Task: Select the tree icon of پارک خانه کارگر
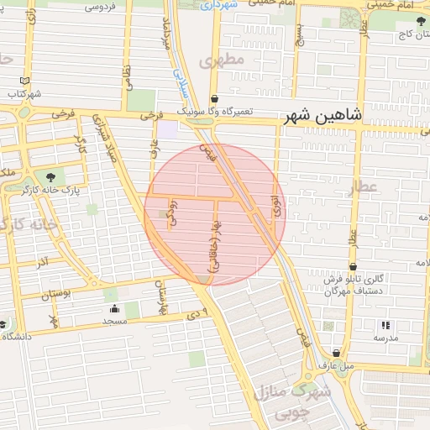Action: (x=52, y=176)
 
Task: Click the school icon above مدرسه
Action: (x=385, y=324)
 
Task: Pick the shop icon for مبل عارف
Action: (x=337, y=354)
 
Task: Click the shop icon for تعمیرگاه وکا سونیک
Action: (x=214, y=97)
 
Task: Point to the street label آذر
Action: (x=42, y=264)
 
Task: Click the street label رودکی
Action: (x=172, y=211)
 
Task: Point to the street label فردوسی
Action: (x=100, y=8)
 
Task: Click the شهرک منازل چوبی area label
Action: (x=297, y=401)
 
